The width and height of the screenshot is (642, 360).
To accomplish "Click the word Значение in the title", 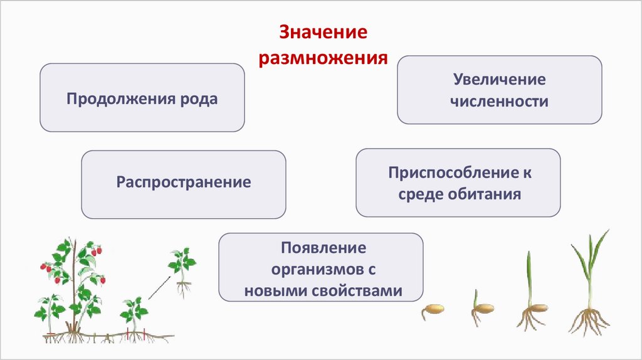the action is (x=322, y=34).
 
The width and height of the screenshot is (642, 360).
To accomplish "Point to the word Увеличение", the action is (x=499, y=80).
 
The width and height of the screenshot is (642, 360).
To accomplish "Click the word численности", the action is (x=499, y=101).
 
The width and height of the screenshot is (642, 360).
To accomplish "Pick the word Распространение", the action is (x=183, y=183).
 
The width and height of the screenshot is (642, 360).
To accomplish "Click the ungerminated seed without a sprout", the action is (x=433, y=309).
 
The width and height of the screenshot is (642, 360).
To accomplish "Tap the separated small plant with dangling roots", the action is (x=182, y=270).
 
